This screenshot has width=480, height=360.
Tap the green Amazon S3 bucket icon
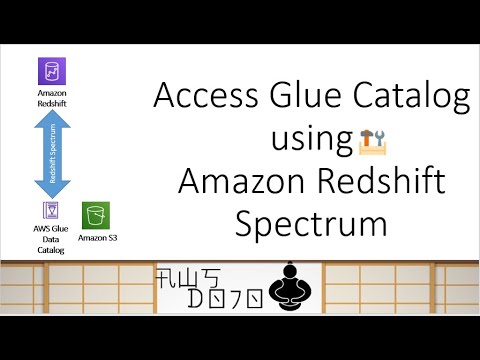tap(96, 215)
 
